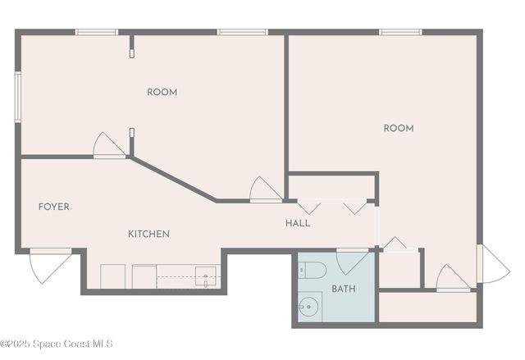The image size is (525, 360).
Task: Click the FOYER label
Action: [x=54, y=207]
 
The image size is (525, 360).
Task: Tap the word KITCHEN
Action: [x=148, y=234]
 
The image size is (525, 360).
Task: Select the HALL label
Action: [x=298, y=223]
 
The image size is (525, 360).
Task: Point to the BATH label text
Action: [x=344, y=289]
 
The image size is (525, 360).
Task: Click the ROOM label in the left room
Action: [x=162, y=92]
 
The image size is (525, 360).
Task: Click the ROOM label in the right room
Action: [x=399, y=128]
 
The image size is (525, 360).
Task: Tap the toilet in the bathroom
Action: [x=313, y=270]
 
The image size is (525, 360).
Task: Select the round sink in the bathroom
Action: [x=309, y=308]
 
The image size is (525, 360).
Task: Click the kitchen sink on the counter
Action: [x=205, y=277]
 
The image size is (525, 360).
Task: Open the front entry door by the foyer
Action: [x=48, y=264]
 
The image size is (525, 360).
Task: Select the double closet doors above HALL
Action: [x=332, y=207]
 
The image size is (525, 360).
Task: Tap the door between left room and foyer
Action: [x=108, y=145]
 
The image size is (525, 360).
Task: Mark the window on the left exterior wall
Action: [x=17, y=96]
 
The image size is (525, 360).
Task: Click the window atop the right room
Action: [x=400, y=32]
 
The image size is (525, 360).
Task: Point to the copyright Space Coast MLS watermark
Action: [x=57, y=343]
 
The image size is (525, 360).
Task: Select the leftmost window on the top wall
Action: [x=97, y=32]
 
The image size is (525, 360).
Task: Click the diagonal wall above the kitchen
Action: [x=173, y=178]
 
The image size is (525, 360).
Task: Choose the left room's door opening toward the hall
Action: [x=266, y=189]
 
